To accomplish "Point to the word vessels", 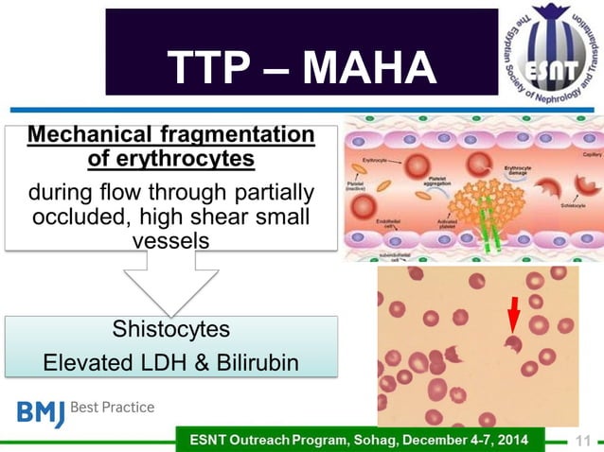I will [171, 240].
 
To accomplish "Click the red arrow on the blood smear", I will [514, 315].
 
